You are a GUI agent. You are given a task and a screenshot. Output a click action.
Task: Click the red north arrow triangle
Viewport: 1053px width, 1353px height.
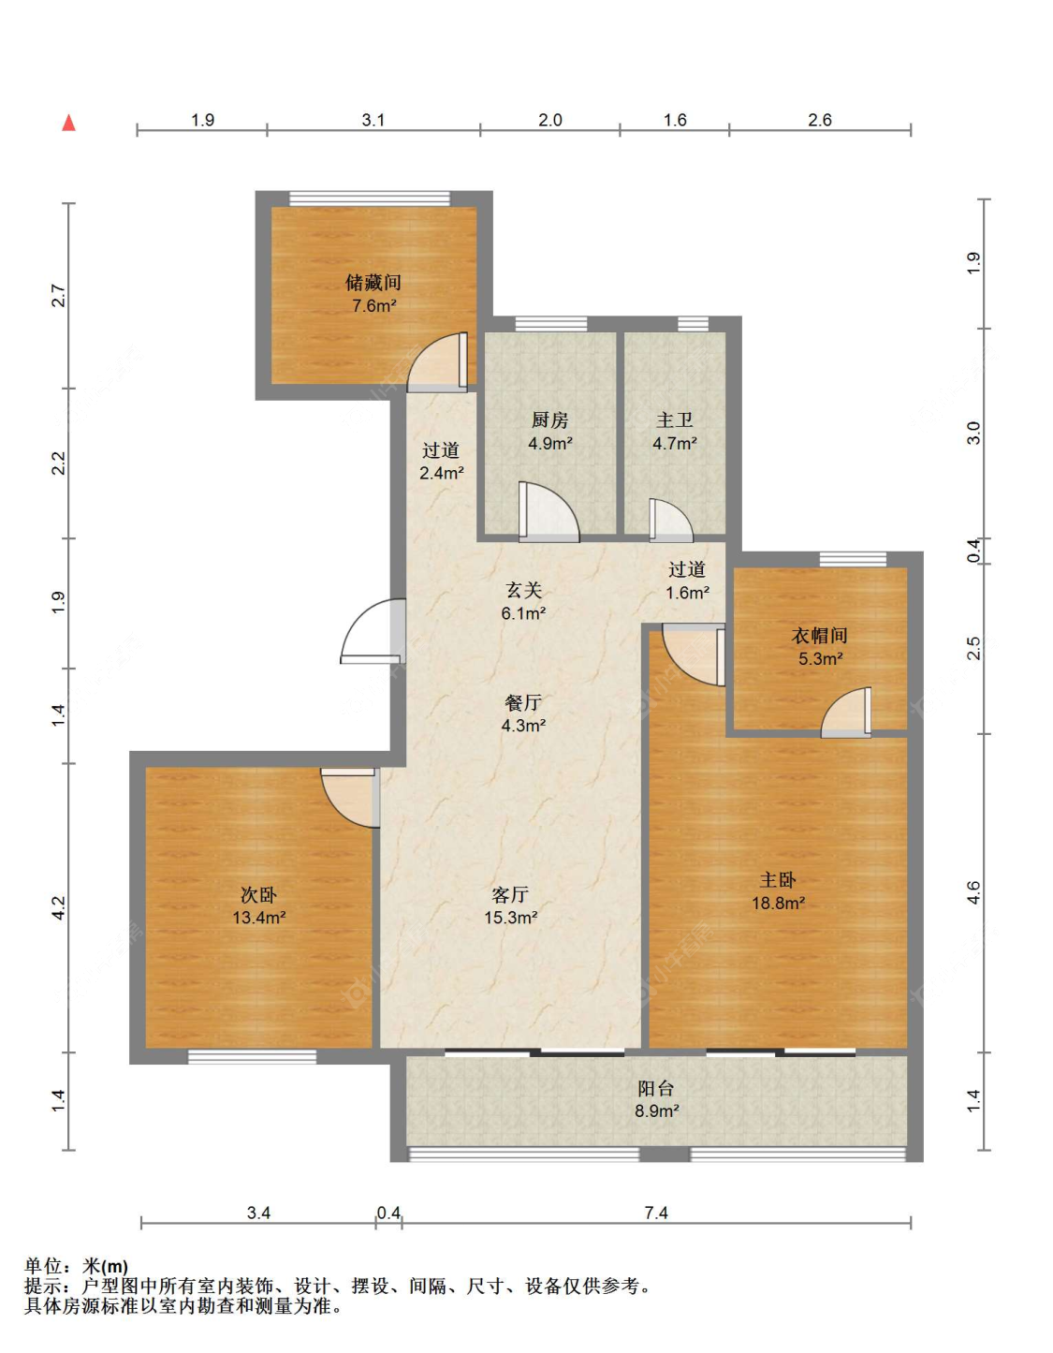(x=69, y=123)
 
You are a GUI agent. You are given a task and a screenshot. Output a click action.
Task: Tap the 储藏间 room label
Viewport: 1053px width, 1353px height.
(x=373, y=284)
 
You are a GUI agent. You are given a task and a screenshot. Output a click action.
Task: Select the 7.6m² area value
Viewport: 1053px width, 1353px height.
(x=374, y=306)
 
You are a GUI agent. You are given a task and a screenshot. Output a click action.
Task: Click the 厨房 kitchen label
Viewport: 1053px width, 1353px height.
(x=549, y=420)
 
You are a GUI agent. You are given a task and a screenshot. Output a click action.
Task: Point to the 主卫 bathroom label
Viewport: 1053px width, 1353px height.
(x=675, y=420)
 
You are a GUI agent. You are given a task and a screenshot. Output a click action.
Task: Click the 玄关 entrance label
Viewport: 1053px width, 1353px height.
(x=523, y=590)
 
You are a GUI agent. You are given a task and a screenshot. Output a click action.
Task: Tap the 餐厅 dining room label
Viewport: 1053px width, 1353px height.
(x=523, y=702)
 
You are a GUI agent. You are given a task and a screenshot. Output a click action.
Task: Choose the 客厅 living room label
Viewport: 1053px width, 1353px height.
(x=510, y=895)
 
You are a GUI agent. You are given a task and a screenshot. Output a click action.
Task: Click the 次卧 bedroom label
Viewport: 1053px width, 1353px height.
(x=259, y=895)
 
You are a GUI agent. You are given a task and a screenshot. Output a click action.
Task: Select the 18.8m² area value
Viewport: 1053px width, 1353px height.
(x=779, y=903)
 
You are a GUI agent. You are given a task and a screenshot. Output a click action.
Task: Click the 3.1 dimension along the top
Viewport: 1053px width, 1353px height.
(x=373, y=120)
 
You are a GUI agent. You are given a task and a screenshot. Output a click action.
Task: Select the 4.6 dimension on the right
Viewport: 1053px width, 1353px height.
(x=974, y=892)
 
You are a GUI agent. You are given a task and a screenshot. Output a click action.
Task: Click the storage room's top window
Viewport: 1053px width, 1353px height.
(x=370, y=199)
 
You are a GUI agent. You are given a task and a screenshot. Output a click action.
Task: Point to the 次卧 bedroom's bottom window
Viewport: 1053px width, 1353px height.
(x=252, y=1056)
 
